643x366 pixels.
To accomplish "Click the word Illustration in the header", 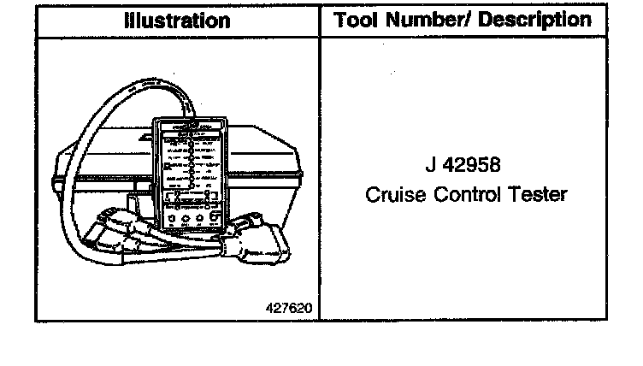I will [x=177, y=21].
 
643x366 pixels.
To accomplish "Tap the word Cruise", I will [x=392, y=194].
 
